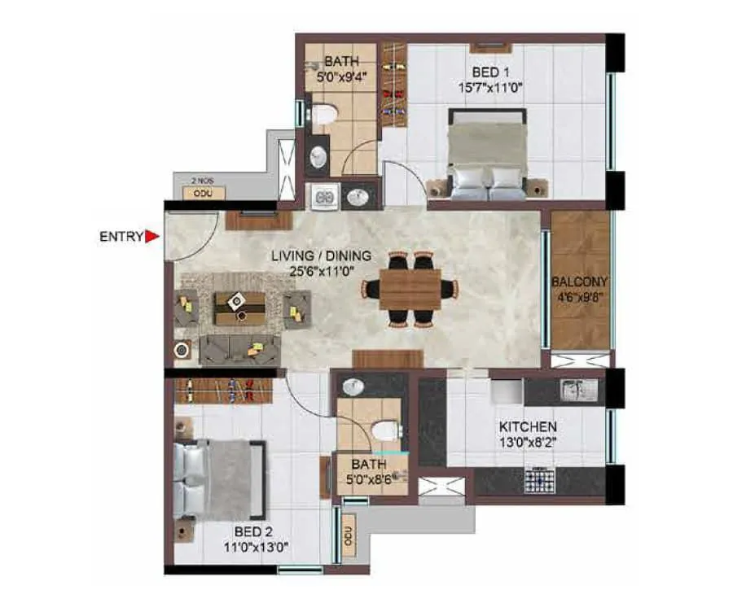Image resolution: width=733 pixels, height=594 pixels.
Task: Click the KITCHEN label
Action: pyautogui.click(x=528, y=426)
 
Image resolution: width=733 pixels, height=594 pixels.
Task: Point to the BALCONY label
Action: pyautogui.click(x=580, y=282)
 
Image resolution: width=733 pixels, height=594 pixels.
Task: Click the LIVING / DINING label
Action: pyautogui.click(x=321, y=256)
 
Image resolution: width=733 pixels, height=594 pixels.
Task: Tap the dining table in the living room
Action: pyautogui.click(x=410, y=289)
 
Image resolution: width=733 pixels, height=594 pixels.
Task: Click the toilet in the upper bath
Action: pyautogui.click(x=324, y=115)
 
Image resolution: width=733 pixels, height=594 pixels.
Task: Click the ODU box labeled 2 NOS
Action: pyautogui.click(x=199, y=193)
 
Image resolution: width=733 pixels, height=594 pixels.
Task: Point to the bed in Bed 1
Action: pyautogui.click(x=487, y=155)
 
